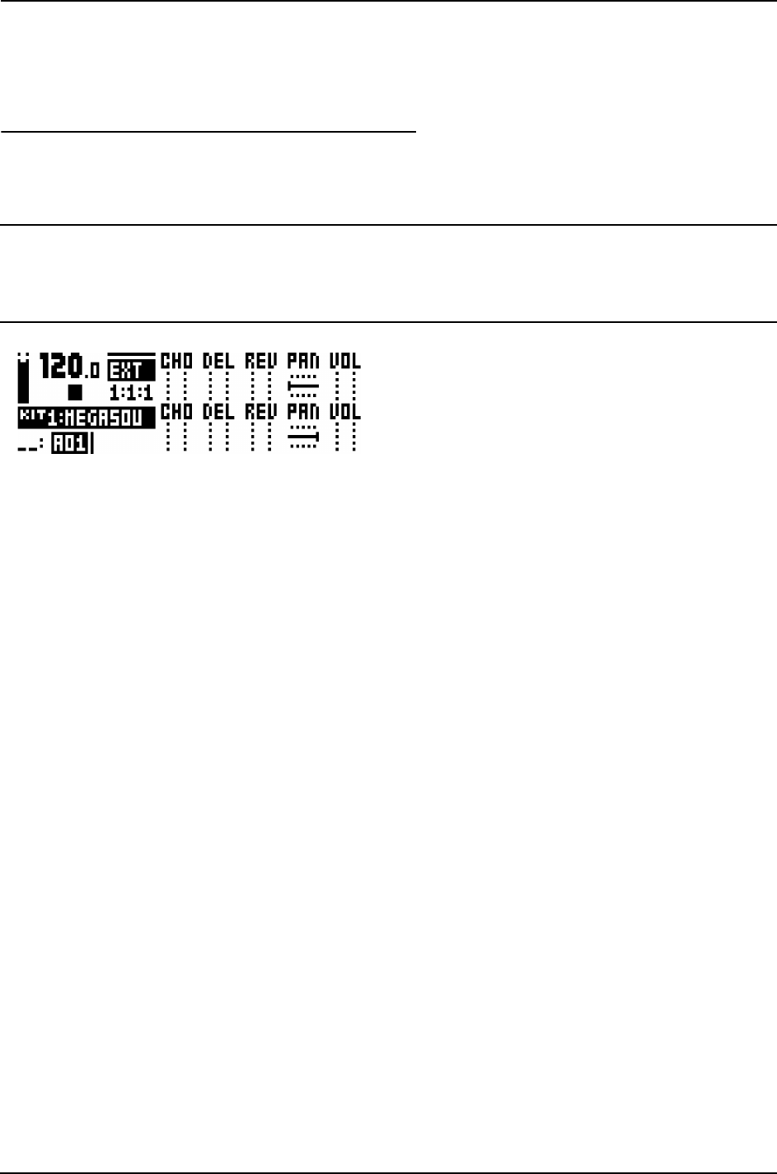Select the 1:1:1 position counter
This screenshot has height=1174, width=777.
(x=131, y=393)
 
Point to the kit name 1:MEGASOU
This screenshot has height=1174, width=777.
(x=86, y=418)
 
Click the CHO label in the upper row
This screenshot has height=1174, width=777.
(x=176, y=361)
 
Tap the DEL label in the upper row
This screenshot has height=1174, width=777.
(x=218, y=361)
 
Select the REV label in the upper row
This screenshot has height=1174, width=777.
(x=260, y=361)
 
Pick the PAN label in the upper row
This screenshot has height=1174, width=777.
(x=303, y=361)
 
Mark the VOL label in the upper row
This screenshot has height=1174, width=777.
(x=345, y=361)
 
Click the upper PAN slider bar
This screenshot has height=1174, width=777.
(x=302, y=385)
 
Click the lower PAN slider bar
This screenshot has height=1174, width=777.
(x=303, y=437)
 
